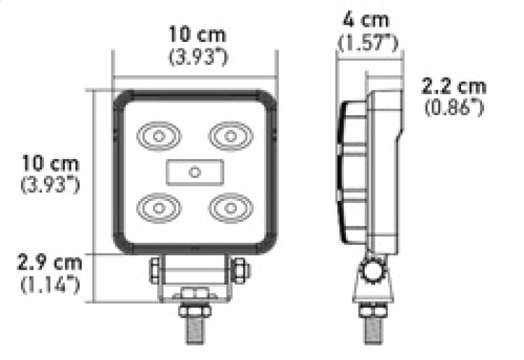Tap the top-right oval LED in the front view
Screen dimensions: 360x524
[230, 136]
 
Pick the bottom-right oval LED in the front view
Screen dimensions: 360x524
[230, 207]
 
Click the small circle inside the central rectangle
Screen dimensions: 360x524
[194, 172]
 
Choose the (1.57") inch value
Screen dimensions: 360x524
[369, 43]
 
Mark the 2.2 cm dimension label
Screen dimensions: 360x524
[454, 86]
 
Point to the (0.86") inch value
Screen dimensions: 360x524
[454, 107]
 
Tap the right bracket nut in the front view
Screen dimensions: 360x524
[240, 269]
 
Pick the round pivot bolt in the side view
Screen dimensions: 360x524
[373, 270]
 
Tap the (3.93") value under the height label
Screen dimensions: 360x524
[50, 185]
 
